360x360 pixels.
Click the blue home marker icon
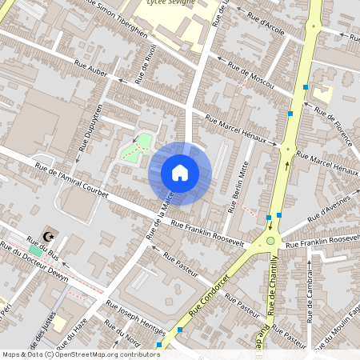tap(180, 172)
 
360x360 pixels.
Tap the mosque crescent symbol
tap(50, 236)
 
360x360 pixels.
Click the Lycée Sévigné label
tap(174, 3)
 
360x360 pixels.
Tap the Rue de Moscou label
tap(250, 75)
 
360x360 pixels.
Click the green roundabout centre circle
tap(270, 241)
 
